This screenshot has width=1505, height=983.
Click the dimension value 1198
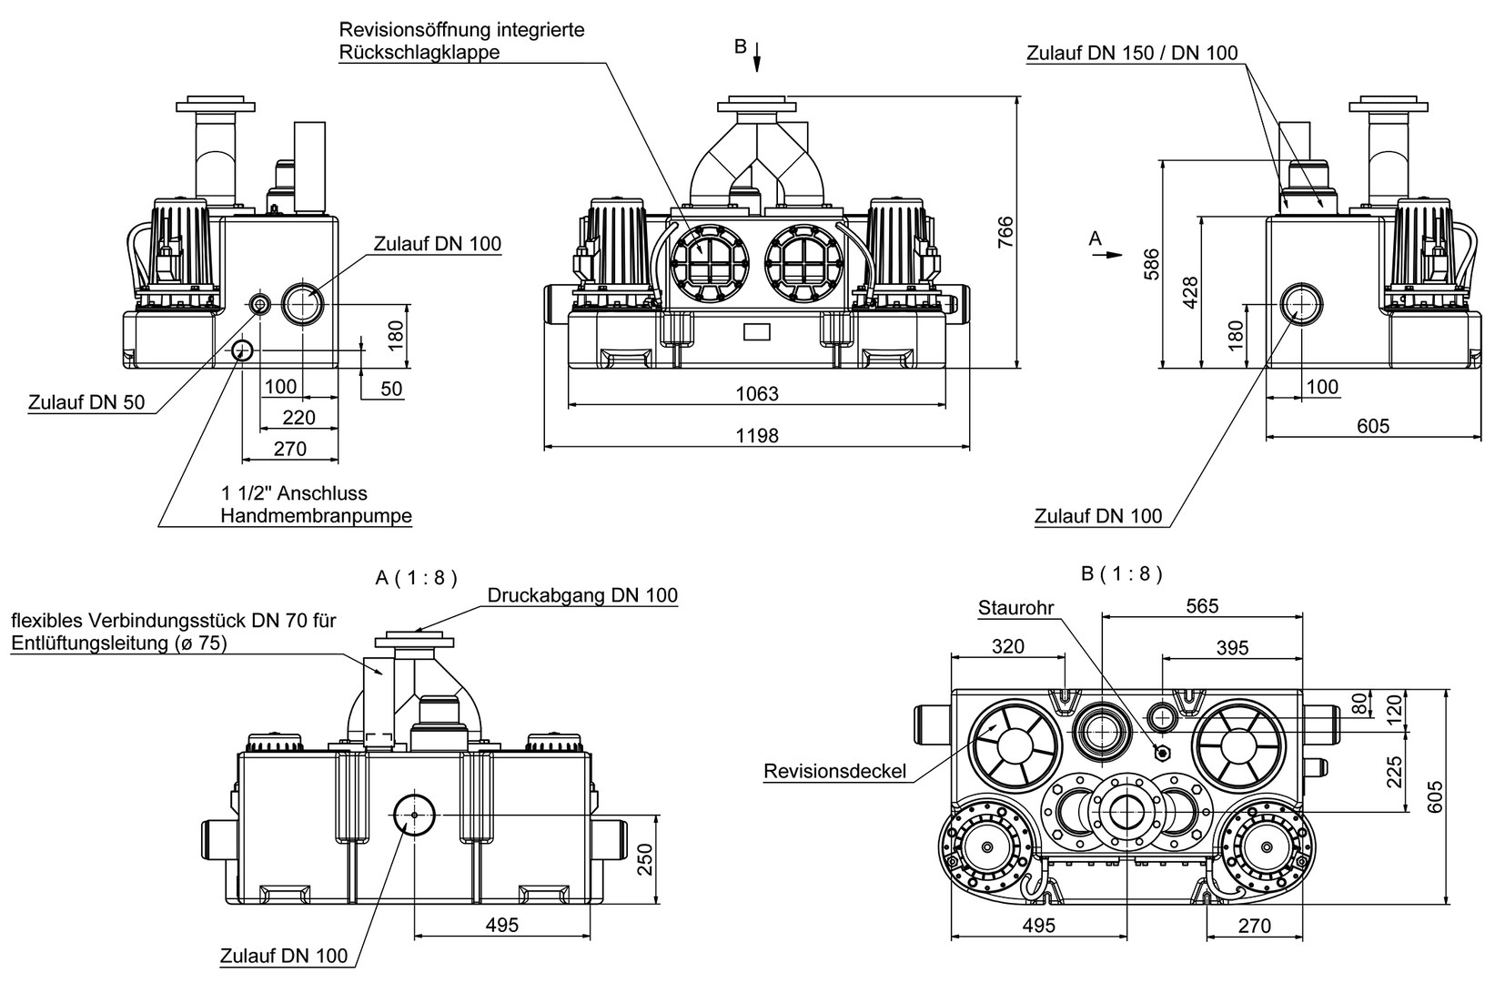pyautogui.click(x=757, y=435)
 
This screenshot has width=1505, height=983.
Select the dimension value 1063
pyautogui.click(x=757, y=393)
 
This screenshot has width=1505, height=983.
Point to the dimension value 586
pyautogui.click(x=1152, y=264)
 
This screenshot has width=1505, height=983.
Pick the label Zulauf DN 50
pyautogui.click(x=86, y=401)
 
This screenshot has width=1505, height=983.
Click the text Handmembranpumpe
pyautogui.click(x=316, y=516)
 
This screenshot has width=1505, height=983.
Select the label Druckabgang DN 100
pyautogui.click(x=582, y=595)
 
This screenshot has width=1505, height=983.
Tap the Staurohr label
pyautogui.click(x=1015, y=607)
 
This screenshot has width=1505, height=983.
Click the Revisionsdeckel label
pyautogui.click(x=835, y=772)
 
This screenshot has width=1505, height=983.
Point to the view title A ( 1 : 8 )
pyautogui.click(x=416, y=577)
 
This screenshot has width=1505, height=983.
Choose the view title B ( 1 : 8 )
pyautogui.click(x=1122, y=573)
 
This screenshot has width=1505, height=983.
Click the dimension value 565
pyautogui.click(x=1201, y=605)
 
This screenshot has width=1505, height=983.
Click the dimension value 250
pyautogui.click(x=645, y=857)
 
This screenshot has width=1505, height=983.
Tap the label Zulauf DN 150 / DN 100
pyautogui.click(x=1132, y=53)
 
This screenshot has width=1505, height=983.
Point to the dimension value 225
pyautogui.click(x=1394, y=772)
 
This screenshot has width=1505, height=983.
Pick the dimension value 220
pyautogui.click(x=298, y=417)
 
